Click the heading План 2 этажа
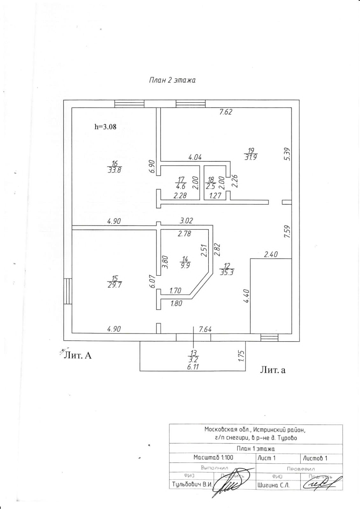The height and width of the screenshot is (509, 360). [172, 80]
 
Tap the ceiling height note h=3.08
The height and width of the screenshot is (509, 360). [105, 127]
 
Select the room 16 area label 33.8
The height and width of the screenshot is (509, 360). [115, 167]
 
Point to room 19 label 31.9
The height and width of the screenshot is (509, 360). [251, 154]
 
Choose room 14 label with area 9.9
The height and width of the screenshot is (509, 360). [185, 262]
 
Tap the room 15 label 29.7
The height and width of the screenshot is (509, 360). [115, 282]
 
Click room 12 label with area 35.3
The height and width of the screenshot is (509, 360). [227, 269]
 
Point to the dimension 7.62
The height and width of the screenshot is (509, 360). [226, 112]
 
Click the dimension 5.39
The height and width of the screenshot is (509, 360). [287, 154]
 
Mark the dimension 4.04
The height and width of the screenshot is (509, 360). [195, 157]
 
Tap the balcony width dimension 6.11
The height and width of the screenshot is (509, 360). [193, 367]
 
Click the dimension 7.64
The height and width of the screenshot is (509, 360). [205, 329]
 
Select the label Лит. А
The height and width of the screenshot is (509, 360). [77, 355]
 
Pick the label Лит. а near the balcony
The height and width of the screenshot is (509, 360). [272, 370]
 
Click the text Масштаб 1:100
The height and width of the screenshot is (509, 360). [213, 458]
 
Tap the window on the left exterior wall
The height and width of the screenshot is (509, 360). [67, 291]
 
